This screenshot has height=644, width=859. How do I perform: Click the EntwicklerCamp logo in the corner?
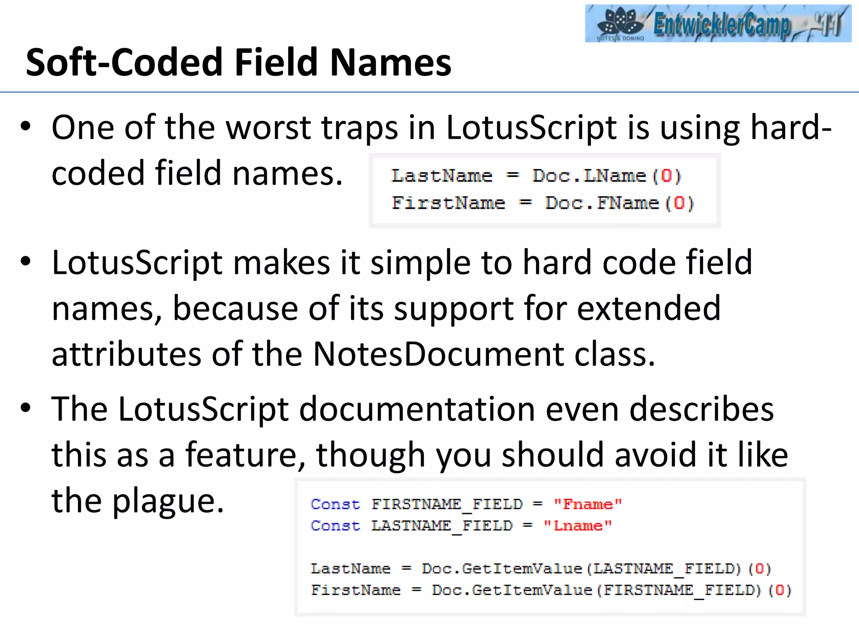point(718,23)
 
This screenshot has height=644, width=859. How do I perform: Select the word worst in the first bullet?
point(268,127)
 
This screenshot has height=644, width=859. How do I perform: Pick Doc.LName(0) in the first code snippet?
point(607,176)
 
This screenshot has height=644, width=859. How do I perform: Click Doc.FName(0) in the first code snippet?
point(619,203)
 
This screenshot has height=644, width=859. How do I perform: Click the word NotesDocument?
point(438,355)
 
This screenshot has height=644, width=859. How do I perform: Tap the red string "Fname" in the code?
point(588,504)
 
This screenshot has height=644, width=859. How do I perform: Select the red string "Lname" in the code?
point(578,526)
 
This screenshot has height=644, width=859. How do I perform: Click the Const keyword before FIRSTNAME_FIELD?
point(335,504)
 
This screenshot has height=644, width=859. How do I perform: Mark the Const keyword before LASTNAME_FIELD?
point(335,526)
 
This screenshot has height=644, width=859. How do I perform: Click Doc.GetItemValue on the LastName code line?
point(502,569)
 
